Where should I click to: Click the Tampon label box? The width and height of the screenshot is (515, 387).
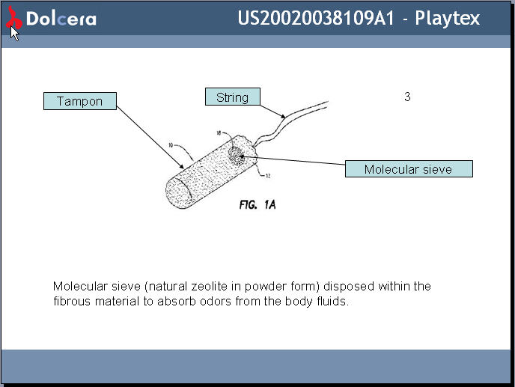coord(79,101)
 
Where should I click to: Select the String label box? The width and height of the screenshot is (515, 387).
coord(232,97)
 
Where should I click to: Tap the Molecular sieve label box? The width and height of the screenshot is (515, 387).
coord(408,169)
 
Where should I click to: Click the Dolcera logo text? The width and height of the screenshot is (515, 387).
coord(61,19)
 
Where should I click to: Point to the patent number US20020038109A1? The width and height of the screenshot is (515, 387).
coord(316,18)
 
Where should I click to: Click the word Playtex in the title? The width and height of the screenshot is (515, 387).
coord(448,18)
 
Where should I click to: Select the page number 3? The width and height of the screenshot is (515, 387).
coord(407,97)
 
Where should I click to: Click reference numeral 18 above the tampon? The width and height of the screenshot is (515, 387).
coord(219,132)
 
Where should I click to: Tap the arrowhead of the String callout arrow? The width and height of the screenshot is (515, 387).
coord(284,117)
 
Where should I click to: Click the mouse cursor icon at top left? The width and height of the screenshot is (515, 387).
coord(14,33)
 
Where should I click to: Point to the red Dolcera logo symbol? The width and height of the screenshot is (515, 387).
coord(13,19)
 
